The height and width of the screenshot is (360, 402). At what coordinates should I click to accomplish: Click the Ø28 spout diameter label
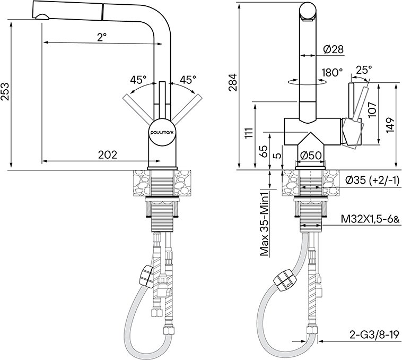[x=333, y=49]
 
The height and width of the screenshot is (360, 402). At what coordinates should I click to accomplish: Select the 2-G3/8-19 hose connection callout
[x=374, y=336]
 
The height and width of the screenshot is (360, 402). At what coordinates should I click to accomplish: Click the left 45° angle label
[x=138, y=80]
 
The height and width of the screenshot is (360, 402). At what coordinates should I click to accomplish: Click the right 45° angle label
[x=188, y=80]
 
